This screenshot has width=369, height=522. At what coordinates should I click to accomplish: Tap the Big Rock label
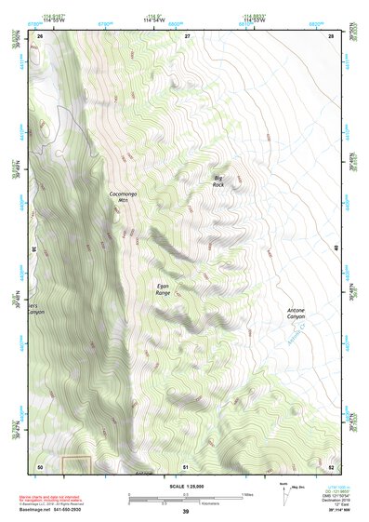click(x=218, y=181)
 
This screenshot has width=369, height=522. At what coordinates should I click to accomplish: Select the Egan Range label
click(x=163, y=289)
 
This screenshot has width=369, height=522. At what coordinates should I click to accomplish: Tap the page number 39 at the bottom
click(x=185, y=512)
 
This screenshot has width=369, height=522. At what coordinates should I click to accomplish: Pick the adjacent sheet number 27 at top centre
click(x=186, y=34)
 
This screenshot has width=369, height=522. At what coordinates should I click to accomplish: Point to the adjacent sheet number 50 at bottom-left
click(x=39, y=466)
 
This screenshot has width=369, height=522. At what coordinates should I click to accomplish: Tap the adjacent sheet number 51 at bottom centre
click(x=186, y=466)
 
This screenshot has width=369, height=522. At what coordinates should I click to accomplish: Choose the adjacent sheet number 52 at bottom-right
click(x=331, y=466)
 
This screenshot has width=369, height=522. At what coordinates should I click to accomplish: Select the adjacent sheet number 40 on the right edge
click(x=335, y=247)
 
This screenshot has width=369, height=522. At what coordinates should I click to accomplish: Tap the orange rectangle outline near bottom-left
click(x=75, y=463)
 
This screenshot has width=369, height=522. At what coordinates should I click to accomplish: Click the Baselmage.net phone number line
click(x=56, y=509)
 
